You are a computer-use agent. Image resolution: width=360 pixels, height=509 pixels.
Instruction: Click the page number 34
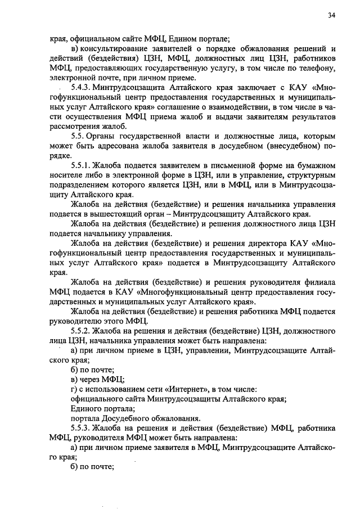[332, 16]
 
